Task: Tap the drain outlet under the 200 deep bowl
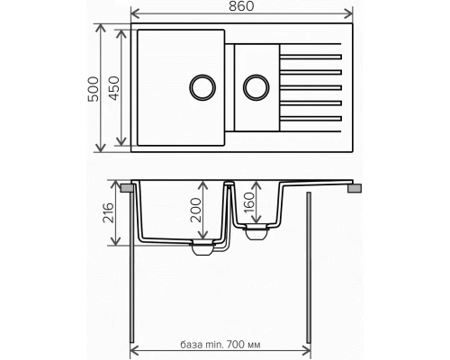click(202, 249)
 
